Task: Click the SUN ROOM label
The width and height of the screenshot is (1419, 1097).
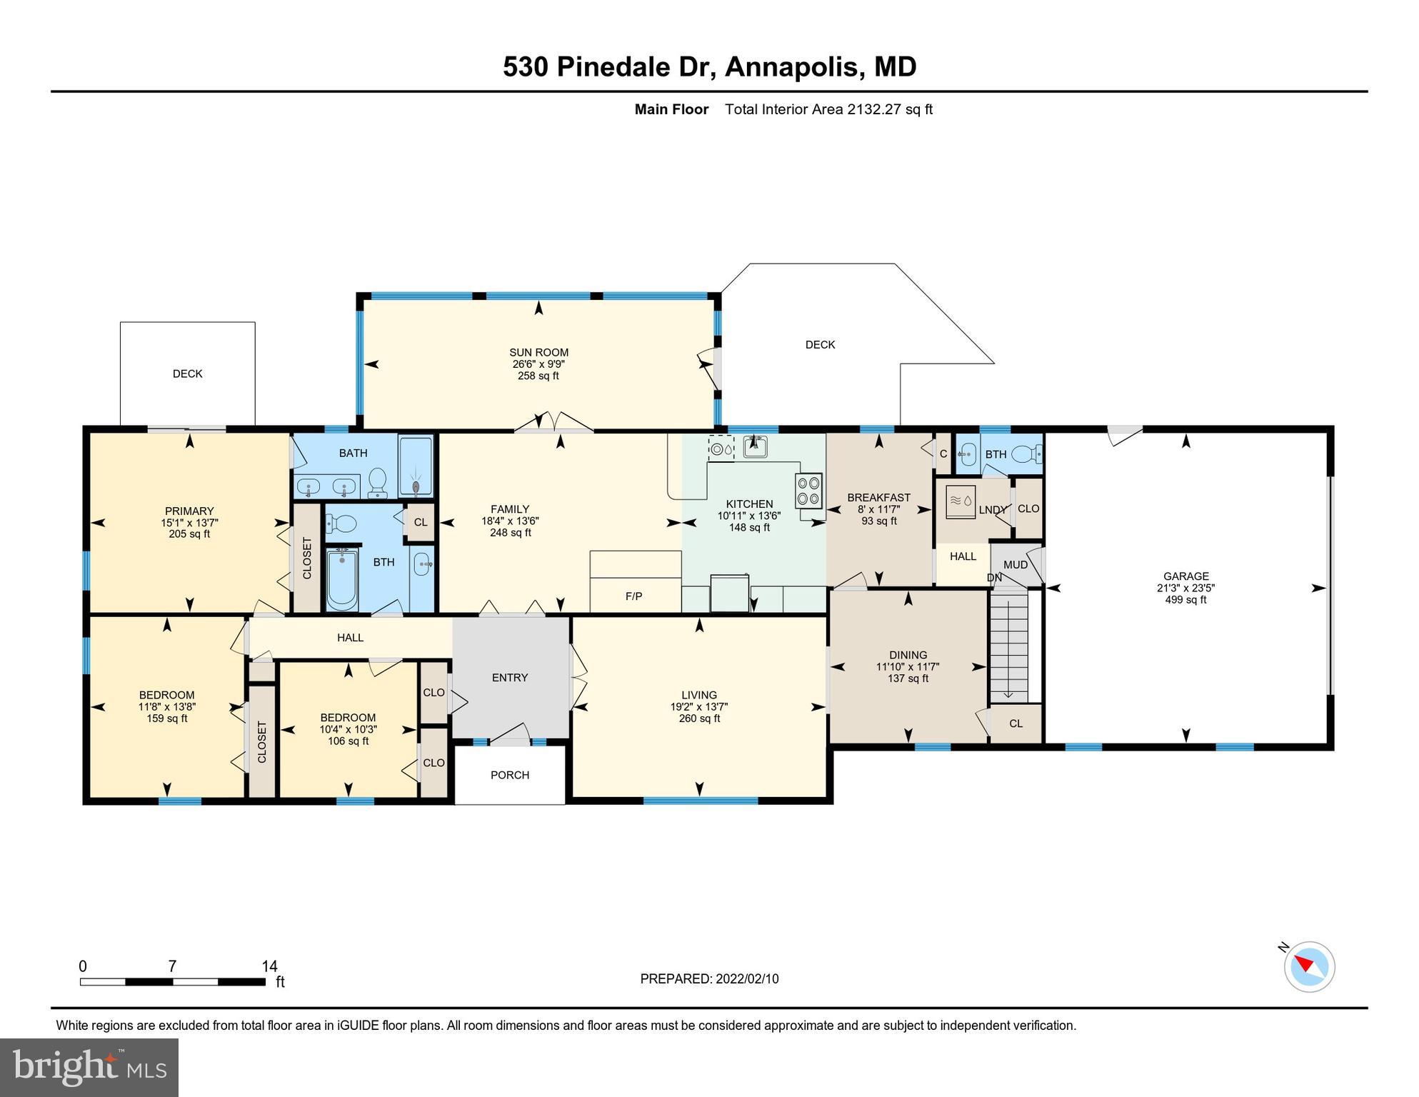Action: [x=538, y=352]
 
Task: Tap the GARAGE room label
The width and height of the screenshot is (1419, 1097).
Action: [x=1185, y=576]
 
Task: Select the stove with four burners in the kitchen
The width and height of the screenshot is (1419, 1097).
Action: [x=808, y=490]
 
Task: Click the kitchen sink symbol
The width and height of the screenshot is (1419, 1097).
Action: [x=755, y=446]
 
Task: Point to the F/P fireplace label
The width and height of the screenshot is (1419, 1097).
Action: [x=633, y=596]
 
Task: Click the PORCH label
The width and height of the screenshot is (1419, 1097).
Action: [x=510, y=775]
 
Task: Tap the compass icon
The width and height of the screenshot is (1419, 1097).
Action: [x=1309, y=966]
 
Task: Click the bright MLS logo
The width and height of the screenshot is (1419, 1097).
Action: [x=89, y=1067]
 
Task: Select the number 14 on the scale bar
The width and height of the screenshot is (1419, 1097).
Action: [x=269, y=966]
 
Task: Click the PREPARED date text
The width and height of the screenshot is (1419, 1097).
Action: [x=709, y=978]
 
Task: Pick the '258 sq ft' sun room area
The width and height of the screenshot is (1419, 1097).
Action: [x=538, y=376]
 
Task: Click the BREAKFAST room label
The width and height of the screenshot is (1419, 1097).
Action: [x=878, y=498]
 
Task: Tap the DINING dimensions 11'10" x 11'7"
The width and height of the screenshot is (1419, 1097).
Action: [x=908, y=667]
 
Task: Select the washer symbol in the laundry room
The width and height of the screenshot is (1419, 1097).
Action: [x=960, y=501]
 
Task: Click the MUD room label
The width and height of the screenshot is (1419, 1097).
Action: [x=1016, y=565]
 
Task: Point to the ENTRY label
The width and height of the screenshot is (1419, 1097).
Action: [x=510, y=678]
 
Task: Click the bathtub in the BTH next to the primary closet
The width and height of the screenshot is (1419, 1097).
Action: [x=343, y=579]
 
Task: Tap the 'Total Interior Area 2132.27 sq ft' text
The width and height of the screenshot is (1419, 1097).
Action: [x=828, y=109]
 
